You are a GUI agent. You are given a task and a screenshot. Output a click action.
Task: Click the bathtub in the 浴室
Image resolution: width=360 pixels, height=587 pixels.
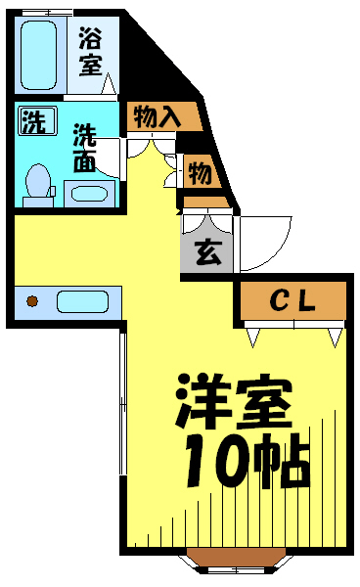pyautogui.click(x=39, y=55)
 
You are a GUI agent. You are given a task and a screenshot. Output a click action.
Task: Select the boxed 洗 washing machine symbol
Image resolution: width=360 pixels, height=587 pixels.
pyautogui.click(x=38, y=120)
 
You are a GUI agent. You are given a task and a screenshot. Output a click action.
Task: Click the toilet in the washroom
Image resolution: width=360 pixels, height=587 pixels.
pyautogui.click(x=38, y=185)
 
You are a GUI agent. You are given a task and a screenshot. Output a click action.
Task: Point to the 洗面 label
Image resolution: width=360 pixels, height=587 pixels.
pyautogui.click(x=85, y=148)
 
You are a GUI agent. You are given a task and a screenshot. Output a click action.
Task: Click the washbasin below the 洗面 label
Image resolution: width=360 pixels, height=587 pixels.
pyautogui.click(x=90, y=194)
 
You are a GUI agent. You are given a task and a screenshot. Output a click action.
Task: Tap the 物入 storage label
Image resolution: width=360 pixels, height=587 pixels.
pyautogui.click(x=157, y=116)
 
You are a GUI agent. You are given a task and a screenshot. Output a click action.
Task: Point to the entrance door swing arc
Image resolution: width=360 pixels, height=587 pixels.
pyautogui.click(x=282, y=251)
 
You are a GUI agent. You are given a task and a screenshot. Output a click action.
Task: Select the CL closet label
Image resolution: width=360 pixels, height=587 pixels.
pyautogui.click(x=292, y=300)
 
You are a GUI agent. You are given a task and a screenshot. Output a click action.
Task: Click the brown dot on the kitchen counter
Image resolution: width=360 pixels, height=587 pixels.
pyautogui.click(x=32, y=300)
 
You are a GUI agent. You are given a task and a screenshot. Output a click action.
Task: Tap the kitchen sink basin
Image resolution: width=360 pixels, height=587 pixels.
pyautogui.click(x=82, y=301)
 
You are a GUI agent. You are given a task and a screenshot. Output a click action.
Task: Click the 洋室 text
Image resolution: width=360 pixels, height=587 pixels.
pyautogui.click(x=234, y=401)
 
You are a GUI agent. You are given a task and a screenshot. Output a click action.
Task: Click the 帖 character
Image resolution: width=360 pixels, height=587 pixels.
pyautogui.click(x=281, y=461)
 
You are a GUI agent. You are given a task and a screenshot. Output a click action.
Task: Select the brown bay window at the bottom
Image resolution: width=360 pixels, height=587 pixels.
pyautogui.click(x=236, y=557)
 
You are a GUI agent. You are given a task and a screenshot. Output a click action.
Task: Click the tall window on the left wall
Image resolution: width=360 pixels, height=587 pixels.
pyautogui.click(x=123, y=402)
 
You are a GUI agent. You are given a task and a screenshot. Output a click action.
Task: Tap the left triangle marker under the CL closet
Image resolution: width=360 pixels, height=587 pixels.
pyautogui.click(x=252, y=338)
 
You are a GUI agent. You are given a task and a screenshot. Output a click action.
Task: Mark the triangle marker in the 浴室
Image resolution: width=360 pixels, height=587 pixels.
pyautogui.click(x=109, y=83)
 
